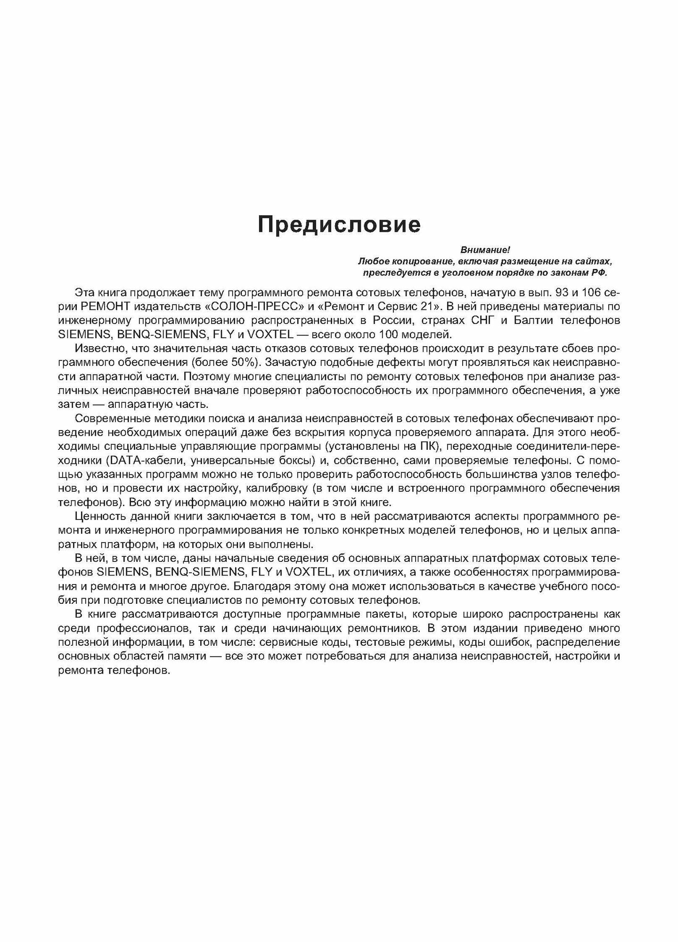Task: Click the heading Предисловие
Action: point(339,225)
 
